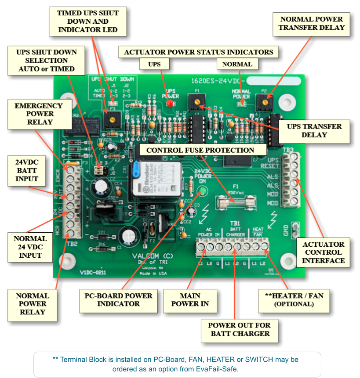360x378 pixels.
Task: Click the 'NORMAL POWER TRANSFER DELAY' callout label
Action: (x=312, y=23)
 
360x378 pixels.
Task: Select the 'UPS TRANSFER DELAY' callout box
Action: (x=314, y=130)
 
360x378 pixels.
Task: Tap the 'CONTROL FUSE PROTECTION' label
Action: (x=200, y=150)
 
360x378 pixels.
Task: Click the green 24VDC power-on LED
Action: (x=202, y=191)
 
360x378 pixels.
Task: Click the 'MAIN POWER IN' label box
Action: (x=190, y=299)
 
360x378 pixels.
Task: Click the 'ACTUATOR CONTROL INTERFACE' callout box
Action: (x=323, y=252)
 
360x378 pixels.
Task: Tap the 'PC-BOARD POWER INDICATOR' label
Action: (x=118, y=299)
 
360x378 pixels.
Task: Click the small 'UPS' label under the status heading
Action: (x=154, y=64)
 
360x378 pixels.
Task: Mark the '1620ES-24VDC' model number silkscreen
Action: (x=218, y=81)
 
